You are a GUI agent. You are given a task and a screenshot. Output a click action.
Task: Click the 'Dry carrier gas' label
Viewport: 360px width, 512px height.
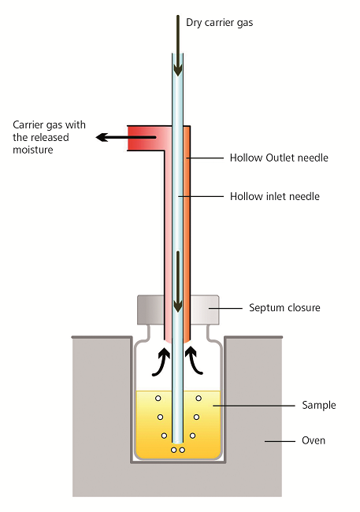pos(219,23)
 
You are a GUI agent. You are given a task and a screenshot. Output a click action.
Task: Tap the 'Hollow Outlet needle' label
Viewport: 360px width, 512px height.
pos(279,158)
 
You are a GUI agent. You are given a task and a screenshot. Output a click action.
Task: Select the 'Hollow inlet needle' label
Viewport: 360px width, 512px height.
pos(275,196)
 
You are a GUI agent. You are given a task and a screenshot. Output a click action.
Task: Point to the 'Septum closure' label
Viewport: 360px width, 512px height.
pos(284,308)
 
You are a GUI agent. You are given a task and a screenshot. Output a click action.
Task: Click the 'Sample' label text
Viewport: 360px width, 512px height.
pos(319,405)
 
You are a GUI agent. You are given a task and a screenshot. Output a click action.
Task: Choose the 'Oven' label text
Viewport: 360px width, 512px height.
pos(314,440)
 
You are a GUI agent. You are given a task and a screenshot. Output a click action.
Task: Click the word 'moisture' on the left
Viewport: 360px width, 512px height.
pos(32,150)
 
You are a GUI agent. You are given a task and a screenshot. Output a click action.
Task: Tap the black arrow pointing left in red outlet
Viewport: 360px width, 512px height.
pos(126,137)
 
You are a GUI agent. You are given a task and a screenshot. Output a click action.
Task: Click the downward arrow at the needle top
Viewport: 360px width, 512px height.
pos(178,46)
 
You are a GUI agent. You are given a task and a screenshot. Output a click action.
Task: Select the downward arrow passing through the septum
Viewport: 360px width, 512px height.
pos(178,282)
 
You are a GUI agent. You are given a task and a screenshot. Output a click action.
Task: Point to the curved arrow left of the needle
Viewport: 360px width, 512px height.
pos(161,362)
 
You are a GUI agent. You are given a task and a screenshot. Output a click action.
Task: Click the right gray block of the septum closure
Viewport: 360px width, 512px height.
pos(205,310)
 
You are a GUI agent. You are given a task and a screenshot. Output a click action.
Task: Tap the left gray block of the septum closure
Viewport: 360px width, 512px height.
pos(150,310)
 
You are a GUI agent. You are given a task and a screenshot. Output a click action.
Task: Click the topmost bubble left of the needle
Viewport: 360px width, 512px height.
pos(158,399)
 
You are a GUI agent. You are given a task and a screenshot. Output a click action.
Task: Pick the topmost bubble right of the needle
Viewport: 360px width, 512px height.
pos(199,399)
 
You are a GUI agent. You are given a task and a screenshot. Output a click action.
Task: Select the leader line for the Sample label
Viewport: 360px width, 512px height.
pos(254,406)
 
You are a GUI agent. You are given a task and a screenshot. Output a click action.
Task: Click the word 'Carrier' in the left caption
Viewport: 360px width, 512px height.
pos(28,124)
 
